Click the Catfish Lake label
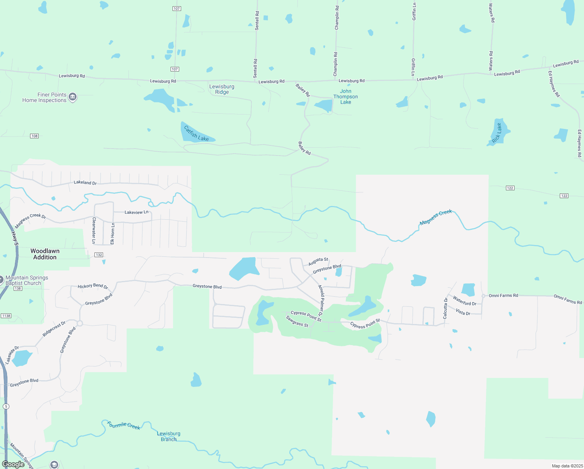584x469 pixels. pyautogui.click(x=196, y=133)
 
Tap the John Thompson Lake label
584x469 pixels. pyautogui.click(x=345, y=97)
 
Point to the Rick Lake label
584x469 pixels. pyautogui.click(x=497, y=133)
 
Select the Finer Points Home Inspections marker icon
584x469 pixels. pyautogui.click(x=73, y=97)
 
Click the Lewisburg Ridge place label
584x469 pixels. pyautogui.click(x=222, y=90)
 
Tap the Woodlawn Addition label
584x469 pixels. pyautogui.click(x=45, y=254)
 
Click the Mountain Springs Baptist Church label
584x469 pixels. pyautogui.click(x=27, y=280)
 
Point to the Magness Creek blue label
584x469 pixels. pyautogui.click(x=436, y=217)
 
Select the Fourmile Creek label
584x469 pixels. pyautogui.click(x=123, y=425)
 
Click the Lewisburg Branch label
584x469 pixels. pyautogui.click(x=169, y=436)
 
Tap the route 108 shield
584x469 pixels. pyautogui.click(x=34, y=136)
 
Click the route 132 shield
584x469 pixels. pyautogui.click(x=99, y=255)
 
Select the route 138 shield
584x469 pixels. pyautogui.click(x=18, y=288)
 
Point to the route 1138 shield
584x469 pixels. pyautogui.click(x=6, y=316)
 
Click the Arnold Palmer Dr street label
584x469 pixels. pyautogui.click(x=321, y=300)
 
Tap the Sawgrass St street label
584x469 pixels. pyautogui.click(x=297, y=321)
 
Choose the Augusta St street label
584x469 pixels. pyautogui.click(x=318, y=261)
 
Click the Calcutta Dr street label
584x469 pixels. pyautogui.click(x=445, y=308)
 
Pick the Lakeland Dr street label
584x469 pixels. pyautogui.click(x=85, y=183)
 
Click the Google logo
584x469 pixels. pyautogui.click(x=13, y=464)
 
